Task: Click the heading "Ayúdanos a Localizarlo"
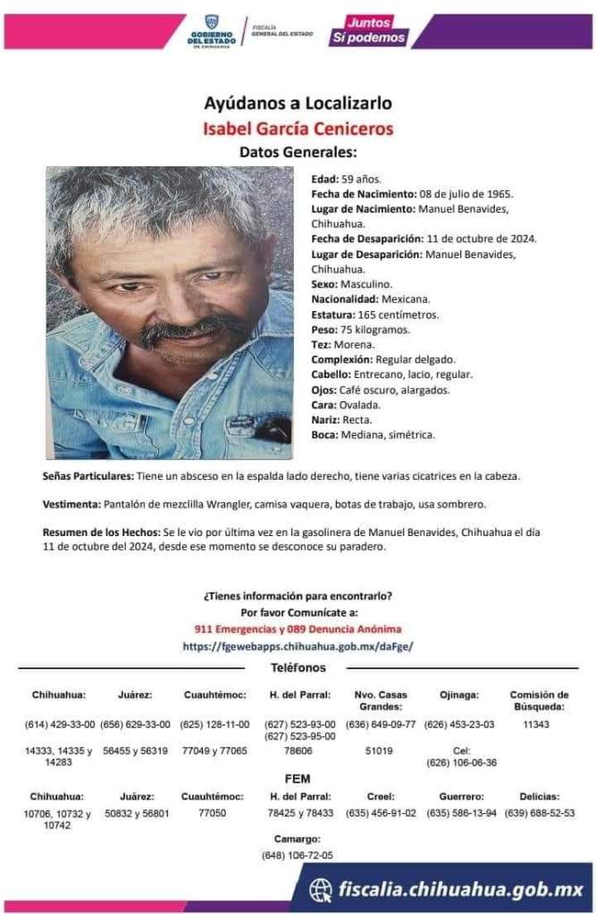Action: click(x=298, y=103)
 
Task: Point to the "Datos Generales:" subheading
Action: click(x=298, y=151)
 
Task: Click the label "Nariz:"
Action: click(x=325, y=420)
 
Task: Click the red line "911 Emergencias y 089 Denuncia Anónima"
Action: click(x=298, y=629)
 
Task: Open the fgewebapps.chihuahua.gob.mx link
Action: click(x=298, y=645)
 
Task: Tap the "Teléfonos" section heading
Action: click(x=298, y=668)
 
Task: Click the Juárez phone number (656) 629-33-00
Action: click(x=135, y=725)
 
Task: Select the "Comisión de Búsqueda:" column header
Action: click(x=539, y=700)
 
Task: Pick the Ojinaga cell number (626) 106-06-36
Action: click(x=461, y=763)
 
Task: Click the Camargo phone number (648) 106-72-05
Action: click(x=298, y=855)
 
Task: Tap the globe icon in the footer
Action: click(x=321, y=890)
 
